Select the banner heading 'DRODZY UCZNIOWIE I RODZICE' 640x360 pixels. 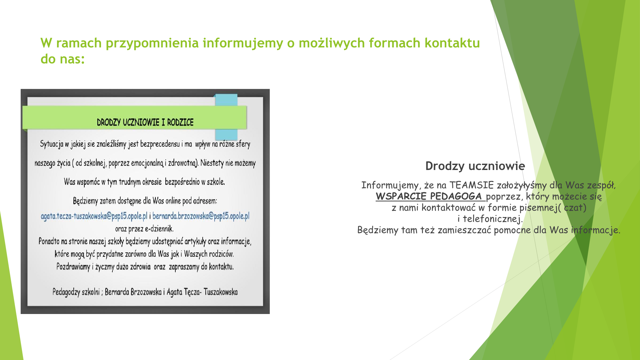145,122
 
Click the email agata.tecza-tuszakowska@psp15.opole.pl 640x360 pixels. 94,216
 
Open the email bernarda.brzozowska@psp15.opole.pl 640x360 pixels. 201,216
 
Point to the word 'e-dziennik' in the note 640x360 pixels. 159,229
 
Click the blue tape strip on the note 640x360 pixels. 226,117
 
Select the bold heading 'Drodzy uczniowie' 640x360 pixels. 475,166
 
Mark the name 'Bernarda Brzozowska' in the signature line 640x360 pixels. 133,292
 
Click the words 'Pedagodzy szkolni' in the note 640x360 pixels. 76,292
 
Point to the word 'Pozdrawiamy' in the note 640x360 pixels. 73,267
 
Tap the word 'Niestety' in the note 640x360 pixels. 212,163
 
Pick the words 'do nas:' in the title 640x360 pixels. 63,59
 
